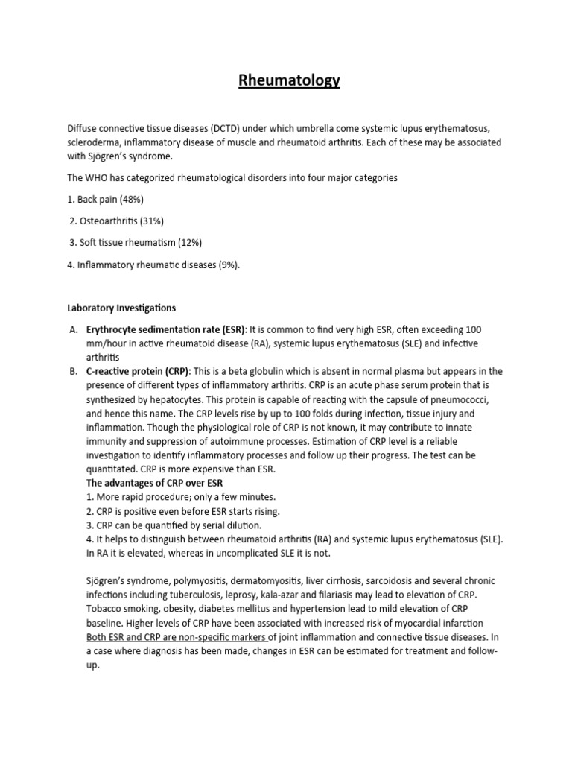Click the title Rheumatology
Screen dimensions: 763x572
289,80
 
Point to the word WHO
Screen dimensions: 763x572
96,178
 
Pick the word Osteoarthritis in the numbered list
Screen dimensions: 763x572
107,221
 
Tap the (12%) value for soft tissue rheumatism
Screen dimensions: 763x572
187,243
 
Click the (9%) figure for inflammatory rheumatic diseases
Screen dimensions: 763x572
226,265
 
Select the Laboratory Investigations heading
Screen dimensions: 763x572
121,308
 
